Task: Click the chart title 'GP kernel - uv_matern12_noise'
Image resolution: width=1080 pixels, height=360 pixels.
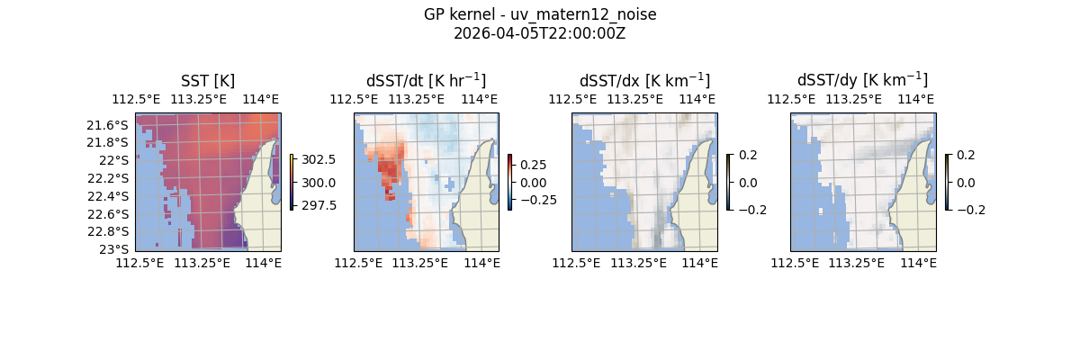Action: [540, 14]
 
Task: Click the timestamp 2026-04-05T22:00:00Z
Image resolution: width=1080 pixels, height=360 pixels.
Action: [540, 33]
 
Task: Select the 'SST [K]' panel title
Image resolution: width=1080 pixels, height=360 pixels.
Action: [208, 81]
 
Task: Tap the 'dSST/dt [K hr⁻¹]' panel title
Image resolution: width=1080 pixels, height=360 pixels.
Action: [426, 81]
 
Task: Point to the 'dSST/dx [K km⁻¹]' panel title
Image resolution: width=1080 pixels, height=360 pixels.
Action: [644, 81]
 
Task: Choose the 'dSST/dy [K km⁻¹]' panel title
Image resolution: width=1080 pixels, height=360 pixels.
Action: [862, 81]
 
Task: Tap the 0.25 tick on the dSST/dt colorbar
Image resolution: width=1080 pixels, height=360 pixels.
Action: [533, 165]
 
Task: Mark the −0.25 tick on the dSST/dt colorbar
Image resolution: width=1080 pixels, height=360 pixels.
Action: [536, 200]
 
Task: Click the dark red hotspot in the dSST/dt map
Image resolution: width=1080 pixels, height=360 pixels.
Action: [388, 169]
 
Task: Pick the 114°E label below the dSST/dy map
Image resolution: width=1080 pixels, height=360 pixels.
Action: [918, 263]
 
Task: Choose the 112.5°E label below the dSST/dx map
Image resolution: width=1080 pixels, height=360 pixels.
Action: [577, 263]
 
